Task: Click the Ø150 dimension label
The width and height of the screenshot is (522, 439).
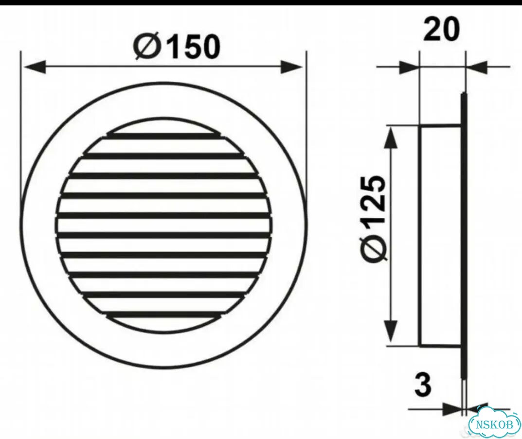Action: pos(177,47)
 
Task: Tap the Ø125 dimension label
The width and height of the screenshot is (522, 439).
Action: pos(375,218)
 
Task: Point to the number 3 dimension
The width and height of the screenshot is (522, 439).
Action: pos(423,385)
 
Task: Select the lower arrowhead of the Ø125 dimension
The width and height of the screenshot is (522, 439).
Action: pos(392,333)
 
